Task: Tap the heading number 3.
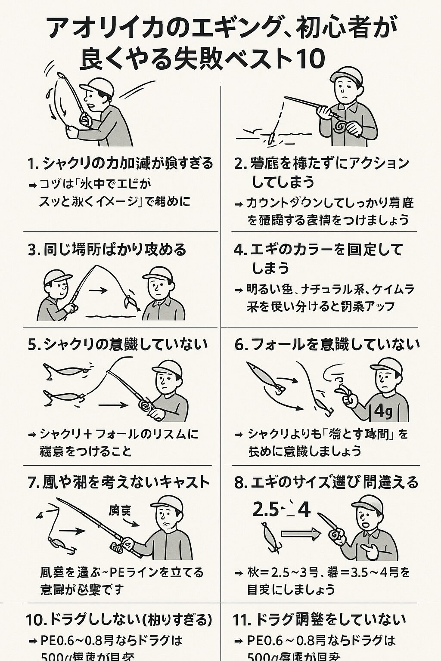click(33, 250)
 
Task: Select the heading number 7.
click(33, 482)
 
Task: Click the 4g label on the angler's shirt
click(383, 411)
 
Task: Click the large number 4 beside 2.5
click(304, 510)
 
